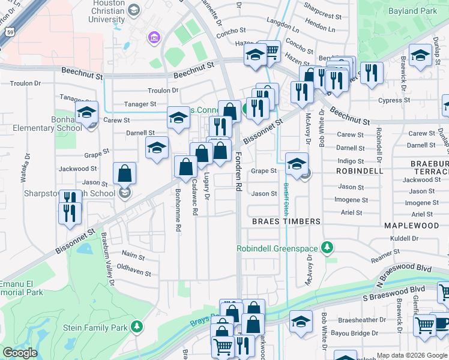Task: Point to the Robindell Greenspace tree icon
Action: pos(327,247)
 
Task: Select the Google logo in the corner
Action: pos(20,353)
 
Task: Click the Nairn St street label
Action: pos(133,255)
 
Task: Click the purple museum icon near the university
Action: pos(154,38)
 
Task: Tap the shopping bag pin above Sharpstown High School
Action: pos(124,174)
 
